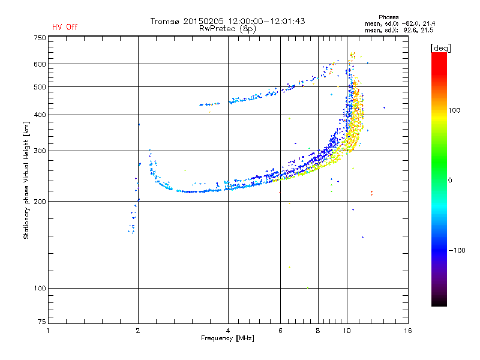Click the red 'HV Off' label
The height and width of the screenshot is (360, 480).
(65, 27)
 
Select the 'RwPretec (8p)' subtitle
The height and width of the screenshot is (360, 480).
(227, 29)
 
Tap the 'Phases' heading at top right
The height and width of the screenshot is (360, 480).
(388, 17)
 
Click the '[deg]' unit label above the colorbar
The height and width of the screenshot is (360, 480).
(440, 48)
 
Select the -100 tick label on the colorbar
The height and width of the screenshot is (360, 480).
(457, 250)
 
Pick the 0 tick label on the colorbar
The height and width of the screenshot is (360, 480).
(450, 180)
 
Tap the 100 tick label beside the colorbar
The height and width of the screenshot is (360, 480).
(454, 110)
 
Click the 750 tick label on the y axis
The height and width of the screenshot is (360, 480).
(40, 38)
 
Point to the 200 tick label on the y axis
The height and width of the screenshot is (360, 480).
(40, 201)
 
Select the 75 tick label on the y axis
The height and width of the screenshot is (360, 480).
(42, 322)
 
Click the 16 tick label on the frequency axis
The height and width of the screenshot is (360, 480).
(408, 331)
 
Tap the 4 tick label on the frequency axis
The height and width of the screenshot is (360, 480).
(228, 331)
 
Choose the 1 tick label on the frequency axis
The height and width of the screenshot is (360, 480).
(48, 331)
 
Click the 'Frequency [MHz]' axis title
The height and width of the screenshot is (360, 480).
(227, 338)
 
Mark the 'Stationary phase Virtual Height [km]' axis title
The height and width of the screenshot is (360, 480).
(26, 180)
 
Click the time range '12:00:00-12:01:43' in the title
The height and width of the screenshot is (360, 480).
(266, 21)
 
